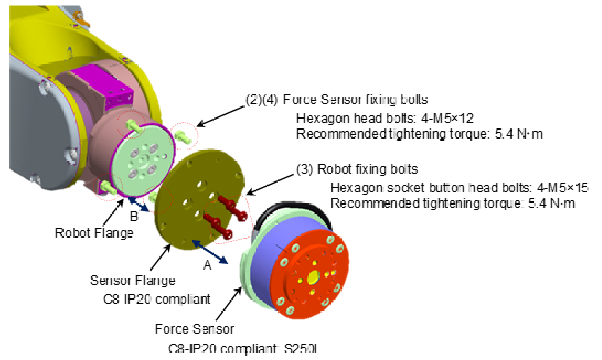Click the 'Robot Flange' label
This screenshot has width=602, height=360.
click(94, 232)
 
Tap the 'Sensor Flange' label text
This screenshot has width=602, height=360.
click(132, 280)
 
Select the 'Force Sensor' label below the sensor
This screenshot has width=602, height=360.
click(194, 329)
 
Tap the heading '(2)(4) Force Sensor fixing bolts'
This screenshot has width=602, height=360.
click(336, 99)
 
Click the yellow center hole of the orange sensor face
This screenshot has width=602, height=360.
click(314, 277)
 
